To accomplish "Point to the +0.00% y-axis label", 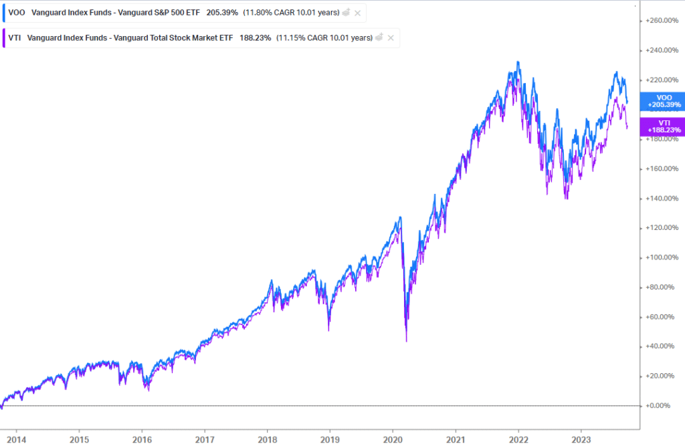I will point(662,406).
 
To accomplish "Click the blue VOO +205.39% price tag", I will point(662,101).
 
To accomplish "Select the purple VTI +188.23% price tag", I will point(662,126).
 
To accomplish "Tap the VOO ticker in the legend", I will point(16,13).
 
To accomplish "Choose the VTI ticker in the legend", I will point(15,38).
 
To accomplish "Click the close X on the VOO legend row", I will point(358,13).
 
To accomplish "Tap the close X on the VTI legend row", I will point(391,38).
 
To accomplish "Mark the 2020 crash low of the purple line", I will point(407,341).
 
